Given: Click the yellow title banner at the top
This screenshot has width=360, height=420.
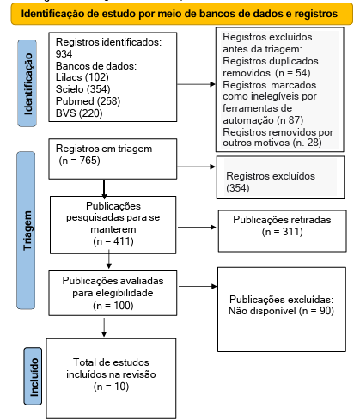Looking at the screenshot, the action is click(182, 14).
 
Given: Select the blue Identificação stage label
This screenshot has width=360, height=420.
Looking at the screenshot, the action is click(27, 83).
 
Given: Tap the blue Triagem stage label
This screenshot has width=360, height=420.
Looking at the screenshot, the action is click(26, 230).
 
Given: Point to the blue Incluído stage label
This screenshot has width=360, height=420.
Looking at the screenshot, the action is click(33, 376).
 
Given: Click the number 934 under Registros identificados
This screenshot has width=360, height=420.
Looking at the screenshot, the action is click(64, 54).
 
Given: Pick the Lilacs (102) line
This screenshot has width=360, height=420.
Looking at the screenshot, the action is click(82, 77).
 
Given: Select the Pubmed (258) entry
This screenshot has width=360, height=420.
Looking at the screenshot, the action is click(88, 101).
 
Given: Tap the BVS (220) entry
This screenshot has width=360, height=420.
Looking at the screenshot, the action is click(79, 113).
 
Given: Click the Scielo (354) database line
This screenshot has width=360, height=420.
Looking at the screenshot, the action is click(83, 89).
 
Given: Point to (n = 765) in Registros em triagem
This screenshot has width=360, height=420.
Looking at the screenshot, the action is click(79, 161).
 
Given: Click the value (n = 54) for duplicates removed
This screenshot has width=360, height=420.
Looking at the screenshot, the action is click(293, 73).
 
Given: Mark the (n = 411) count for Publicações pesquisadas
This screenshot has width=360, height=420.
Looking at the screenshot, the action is click(113, 241).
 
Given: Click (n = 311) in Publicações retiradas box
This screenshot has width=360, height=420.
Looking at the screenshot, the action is click(283, 232).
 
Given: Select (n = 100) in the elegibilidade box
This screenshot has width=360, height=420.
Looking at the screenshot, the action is click(113, 306).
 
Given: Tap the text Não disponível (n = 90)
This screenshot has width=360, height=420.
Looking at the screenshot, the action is click(281, 311).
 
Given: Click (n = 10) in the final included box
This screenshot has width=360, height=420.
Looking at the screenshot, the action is click(111, 387).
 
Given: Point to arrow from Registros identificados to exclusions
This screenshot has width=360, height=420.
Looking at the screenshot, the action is click(196, 84).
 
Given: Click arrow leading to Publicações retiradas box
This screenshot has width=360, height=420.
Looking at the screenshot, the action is click(197, 228).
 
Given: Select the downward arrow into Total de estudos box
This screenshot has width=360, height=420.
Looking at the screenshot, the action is click(104, 327).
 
